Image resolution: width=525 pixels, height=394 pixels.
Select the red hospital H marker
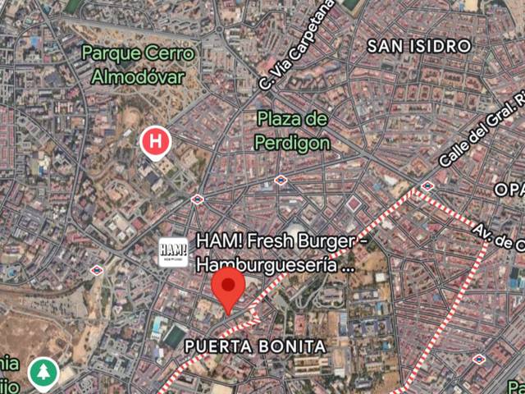[155, 142]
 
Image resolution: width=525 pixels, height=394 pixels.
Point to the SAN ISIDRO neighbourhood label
[418, 45]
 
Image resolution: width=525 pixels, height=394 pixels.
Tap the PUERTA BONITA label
[254, 346]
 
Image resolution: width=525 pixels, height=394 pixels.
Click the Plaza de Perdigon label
[292, 131]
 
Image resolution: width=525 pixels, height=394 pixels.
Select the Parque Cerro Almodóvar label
[134, 64]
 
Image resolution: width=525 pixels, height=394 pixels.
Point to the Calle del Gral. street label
[482, 131]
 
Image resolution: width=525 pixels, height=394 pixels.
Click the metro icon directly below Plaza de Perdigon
[281, 180]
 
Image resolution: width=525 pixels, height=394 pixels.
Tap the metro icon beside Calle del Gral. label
[427, 186]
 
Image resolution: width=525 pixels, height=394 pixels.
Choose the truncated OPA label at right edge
[509, 190]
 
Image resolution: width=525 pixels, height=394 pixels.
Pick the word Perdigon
[292, 143]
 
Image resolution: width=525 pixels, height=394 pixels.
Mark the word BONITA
[295, 346]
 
